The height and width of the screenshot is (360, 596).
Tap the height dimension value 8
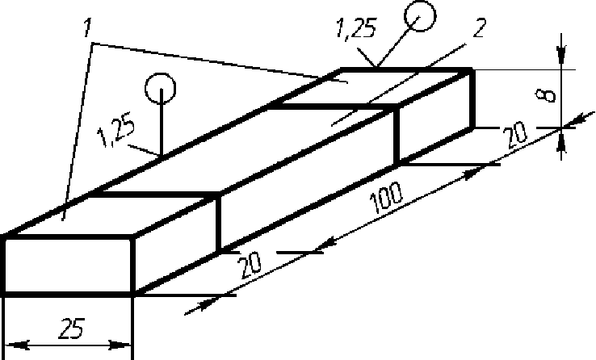click(x=550, y=94)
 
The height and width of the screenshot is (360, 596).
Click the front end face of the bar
click(x=68, y=265)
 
